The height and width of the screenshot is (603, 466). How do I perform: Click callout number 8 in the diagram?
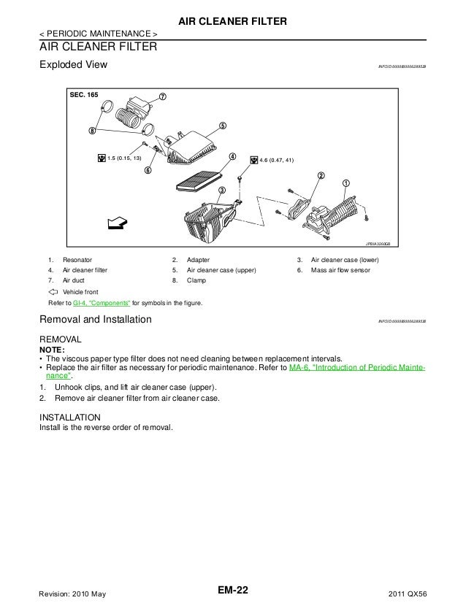[x=92, y=131]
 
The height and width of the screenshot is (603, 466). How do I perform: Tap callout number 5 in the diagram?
[x=222, y=125]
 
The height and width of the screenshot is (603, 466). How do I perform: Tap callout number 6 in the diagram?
[x=148, y=171]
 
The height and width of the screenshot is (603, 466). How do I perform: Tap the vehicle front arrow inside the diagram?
[x=115, y=222]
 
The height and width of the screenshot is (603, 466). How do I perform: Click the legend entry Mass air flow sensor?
[x=340, y=270]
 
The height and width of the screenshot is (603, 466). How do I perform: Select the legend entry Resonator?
[x=77, y=260]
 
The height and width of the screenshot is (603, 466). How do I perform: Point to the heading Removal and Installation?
[x=95, y=320]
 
